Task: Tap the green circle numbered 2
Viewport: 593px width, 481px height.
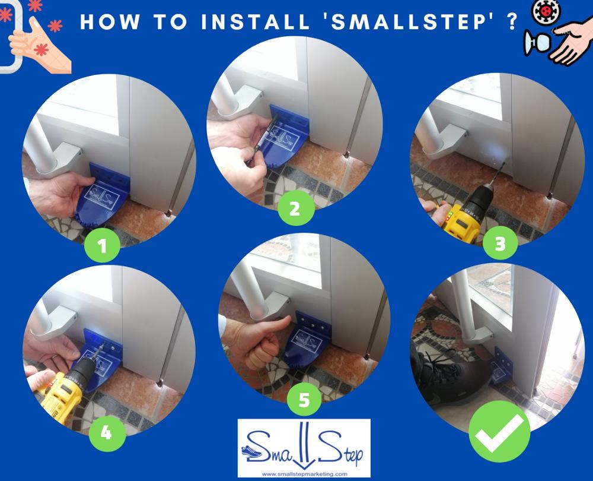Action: (x=296, y=208)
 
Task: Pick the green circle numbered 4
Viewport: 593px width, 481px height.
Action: (x=107, y=432)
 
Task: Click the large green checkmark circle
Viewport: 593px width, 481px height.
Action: (x=499, y=431)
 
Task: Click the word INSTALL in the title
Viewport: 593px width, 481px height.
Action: (x=256, y=22)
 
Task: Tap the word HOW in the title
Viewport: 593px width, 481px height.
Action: (x=109, y=22)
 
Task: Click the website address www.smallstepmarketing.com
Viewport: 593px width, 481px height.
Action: (x=304, y=474)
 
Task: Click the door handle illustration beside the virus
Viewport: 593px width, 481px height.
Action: (x=537, y=42)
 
